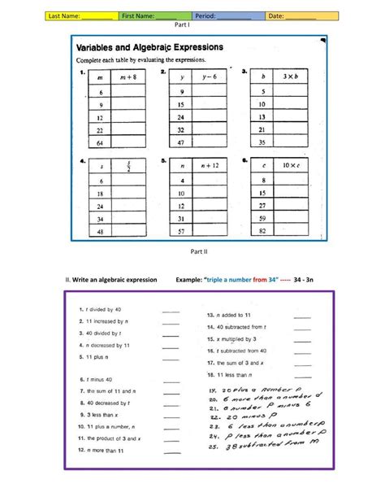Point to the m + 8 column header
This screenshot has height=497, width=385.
[x=128, y=78]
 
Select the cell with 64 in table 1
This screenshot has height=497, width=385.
[x=102, y=142]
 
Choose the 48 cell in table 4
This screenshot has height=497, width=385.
[x=102, y=231]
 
